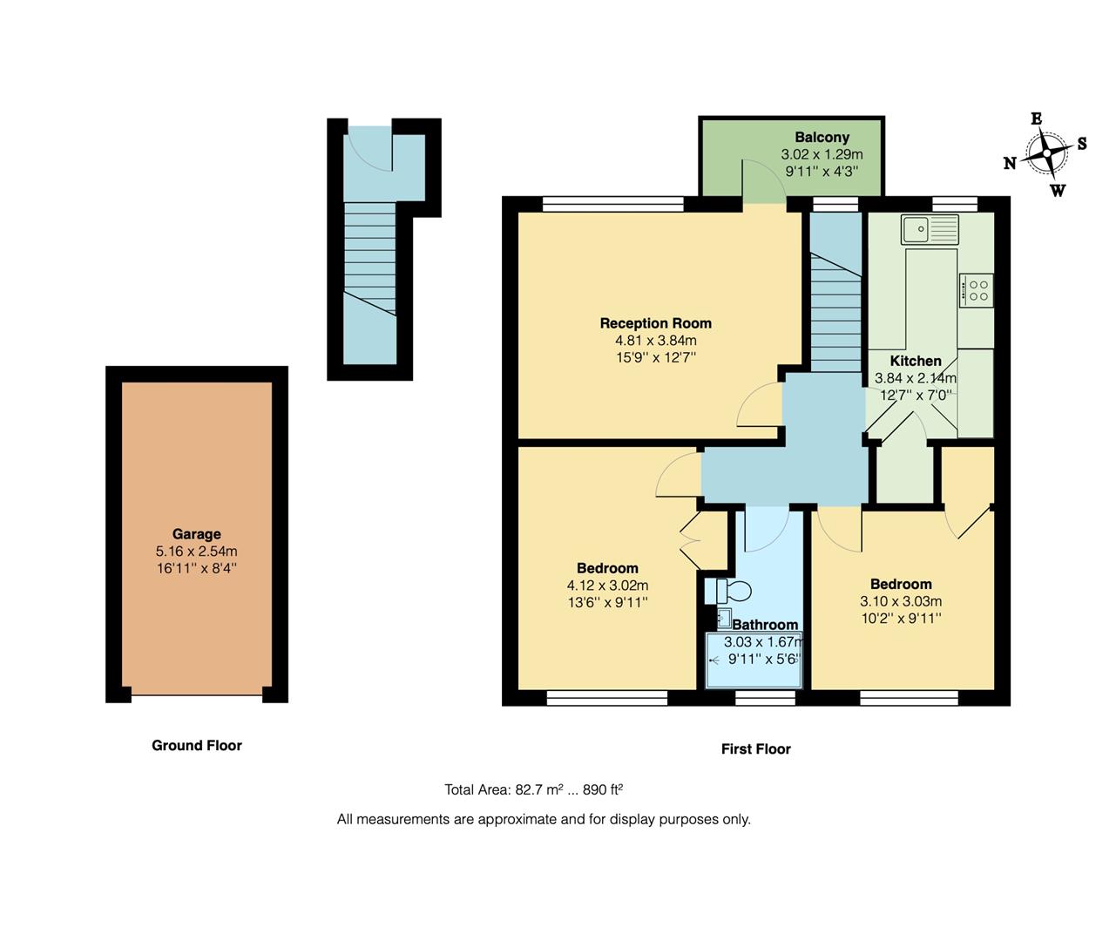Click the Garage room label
point(196,534)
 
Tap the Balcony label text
point(822,138)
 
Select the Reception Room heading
point(655,323)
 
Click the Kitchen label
point(915,361)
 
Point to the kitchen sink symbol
point(930,229)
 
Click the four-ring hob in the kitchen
point(977,289)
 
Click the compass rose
point(1045,154)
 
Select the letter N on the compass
point(1010,163)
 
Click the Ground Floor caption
point(197,745)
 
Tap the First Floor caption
point(755,748)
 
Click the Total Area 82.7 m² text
point(533,790)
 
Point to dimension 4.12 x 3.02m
point(607,586)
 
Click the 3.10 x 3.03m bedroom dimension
point(901,601)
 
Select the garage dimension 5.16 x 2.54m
point(196,552)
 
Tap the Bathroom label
point(765,625)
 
